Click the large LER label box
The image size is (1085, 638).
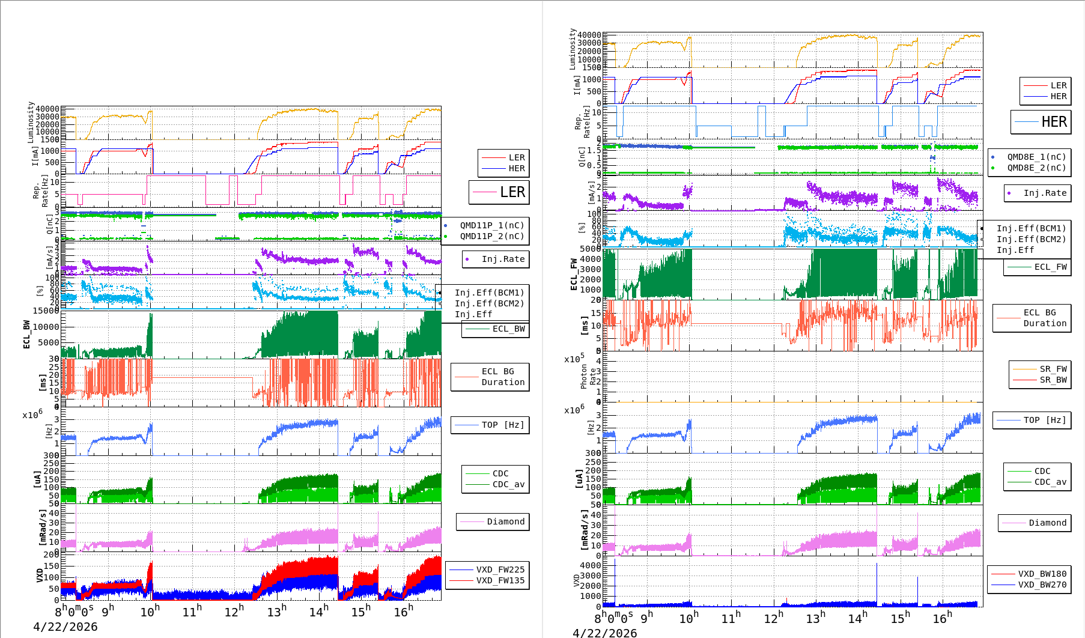coord(499,192)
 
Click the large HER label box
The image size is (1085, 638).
coord(1041,122)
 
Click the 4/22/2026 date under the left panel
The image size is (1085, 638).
coord(65,627)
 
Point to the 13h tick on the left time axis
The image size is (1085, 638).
coord(276,612)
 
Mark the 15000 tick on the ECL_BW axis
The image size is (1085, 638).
coord(46,311)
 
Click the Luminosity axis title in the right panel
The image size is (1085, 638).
coord(573,49)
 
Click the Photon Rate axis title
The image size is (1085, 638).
coord(588,376)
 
